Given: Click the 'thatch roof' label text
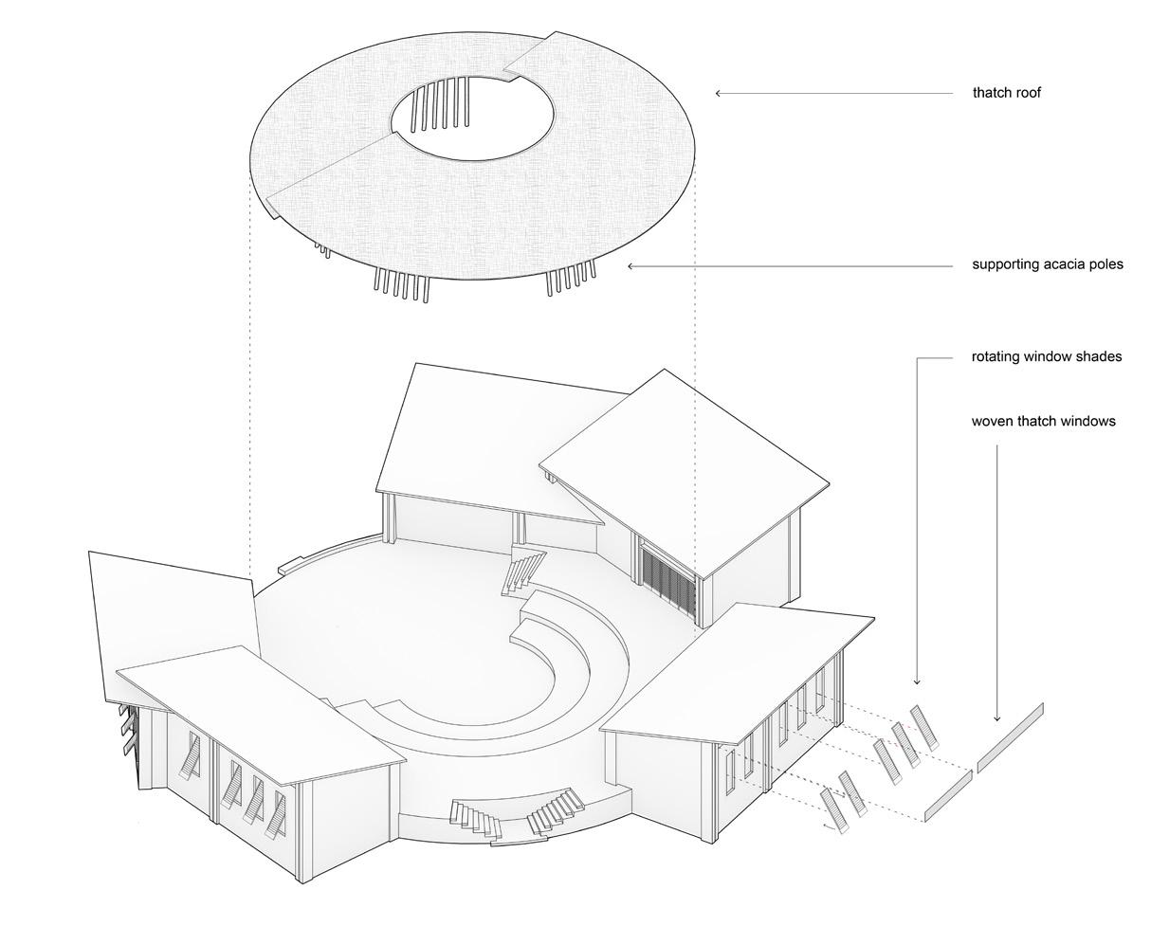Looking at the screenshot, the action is point(1006,93).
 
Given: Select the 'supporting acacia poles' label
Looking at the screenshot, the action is point(1047,264).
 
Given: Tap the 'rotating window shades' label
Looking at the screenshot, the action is point(1046,357).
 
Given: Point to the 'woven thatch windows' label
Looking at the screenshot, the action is point(1043,421).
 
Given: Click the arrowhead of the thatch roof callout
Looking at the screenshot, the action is point(719,93).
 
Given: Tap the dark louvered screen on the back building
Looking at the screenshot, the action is point(669,579).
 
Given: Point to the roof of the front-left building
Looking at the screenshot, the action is point(261,711).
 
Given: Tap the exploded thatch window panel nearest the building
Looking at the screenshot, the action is point(947,795).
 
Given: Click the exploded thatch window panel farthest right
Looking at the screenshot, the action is point(1010,737).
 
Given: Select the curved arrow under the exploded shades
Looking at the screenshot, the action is point(833,827).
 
